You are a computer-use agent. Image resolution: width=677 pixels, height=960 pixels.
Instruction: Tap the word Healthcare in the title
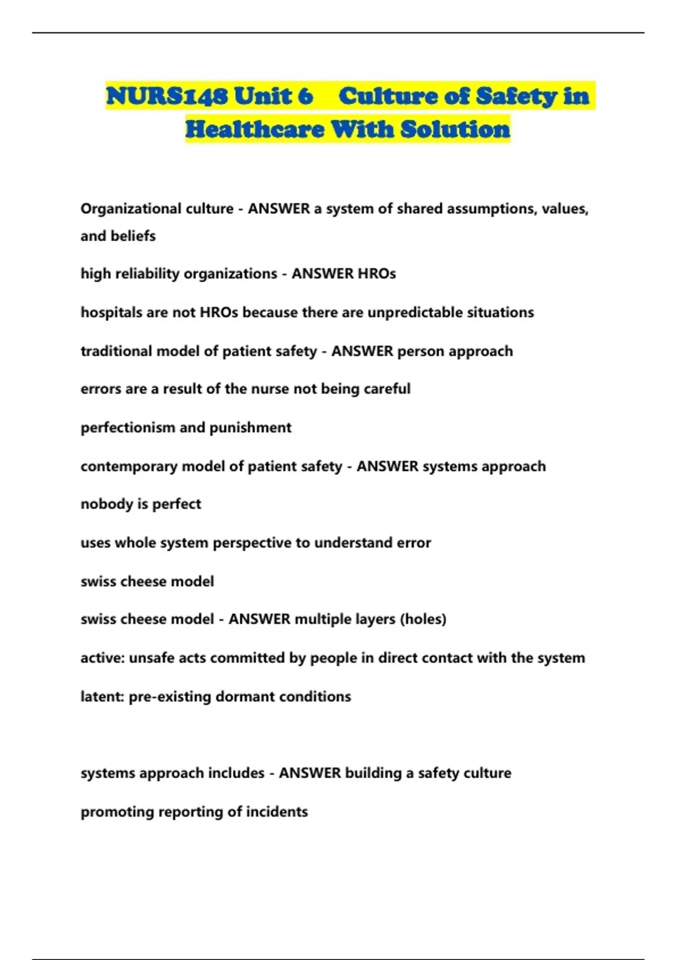tap(254, 129)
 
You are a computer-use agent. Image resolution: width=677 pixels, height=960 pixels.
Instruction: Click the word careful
tap(387, 389)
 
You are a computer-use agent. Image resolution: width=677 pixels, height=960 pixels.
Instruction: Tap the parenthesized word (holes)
tap(423, 619)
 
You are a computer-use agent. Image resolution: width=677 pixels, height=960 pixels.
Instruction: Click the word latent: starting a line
tap(102, 697)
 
